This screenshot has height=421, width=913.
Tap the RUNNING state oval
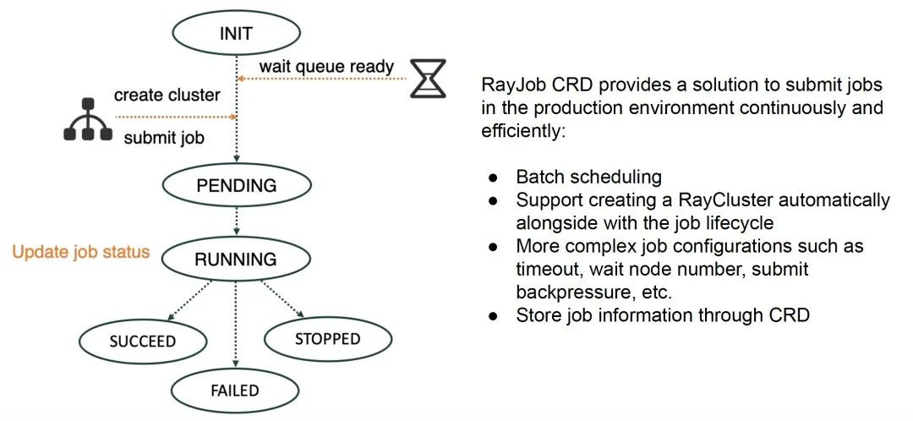236,260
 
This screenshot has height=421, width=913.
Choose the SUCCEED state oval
142,342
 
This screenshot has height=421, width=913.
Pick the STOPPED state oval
327,339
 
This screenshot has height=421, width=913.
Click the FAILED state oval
235,390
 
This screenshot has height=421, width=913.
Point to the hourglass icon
431,78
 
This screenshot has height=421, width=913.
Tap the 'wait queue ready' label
326,67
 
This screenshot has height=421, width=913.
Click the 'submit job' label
165,139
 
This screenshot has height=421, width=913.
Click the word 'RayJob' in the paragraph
508,86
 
